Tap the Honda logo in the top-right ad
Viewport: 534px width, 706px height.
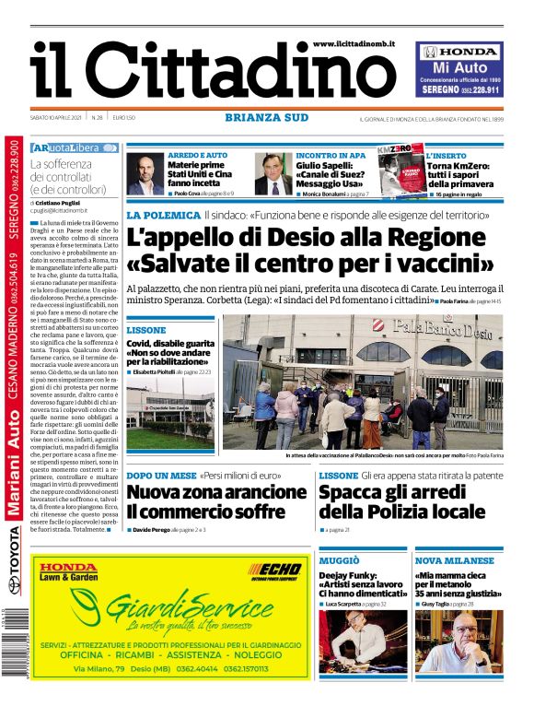pos(460,53)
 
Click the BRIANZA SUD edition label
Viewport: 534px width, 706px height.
pos(266,117)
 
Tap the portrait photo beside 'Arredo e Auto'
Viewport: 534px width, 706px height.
pos(145,173)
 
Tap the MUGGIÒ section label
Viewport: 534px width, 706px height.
pos(340,559)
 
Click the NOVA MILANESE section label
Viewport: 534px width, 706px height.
pos(455,559)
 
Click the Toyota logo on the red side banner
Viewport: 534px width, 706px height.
pos(13,580)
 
